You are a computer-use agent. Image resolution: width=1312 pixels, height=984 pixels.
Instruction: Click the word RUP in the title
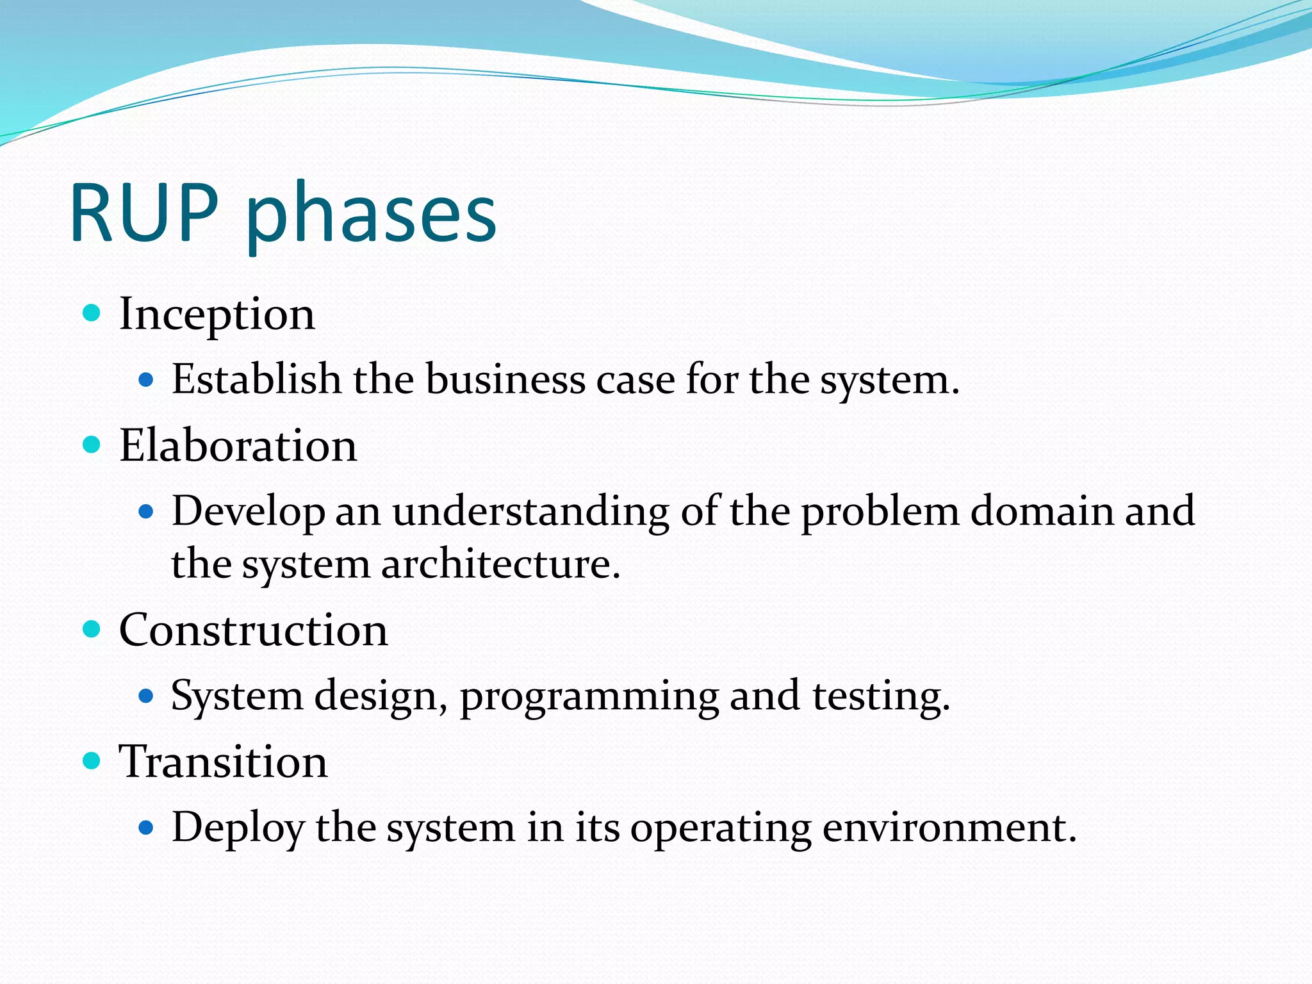[x=144, y=213]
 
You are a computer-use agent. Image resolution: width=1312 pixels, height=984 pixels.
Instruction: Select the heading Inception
[x=217, y=315]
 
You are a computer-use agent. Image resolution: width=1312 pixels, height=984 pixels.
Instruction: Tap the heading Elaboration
[x=238, y=445]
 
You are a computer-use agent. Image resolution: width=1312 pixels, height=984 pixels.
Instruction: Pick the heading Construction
[x=253, y=630]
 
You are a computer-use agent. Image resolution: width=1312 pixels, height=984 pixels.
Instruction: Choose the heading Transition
[x=223, y=762]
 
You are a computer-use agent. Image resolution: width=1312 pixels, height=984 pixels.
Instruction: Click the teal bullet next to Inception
[x=92, y=313]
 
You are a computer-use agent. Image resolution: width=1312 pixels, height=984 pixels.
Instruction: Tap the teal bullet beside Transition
[x=92, y=760]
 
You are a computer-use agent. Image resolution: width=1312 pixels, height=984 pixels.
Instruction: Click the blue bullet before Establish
[x=146, y=380]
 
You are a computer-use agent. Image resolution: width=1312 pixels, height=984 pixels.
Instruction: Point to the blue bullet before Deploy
[x=146, y=828]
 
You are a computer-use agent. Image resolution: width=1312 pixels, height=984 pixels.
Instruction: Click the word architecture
[x=500, y=565]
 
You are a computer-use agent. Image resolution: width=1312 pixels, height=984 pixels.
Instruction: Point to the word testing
[x=881, y=697]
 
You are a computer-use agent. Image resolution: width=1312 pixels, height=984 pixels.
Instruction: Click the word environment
[x=949, y=828]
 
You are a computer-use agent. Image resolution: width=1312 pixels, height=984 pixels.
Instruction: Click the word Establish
[x=256, y=379]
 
